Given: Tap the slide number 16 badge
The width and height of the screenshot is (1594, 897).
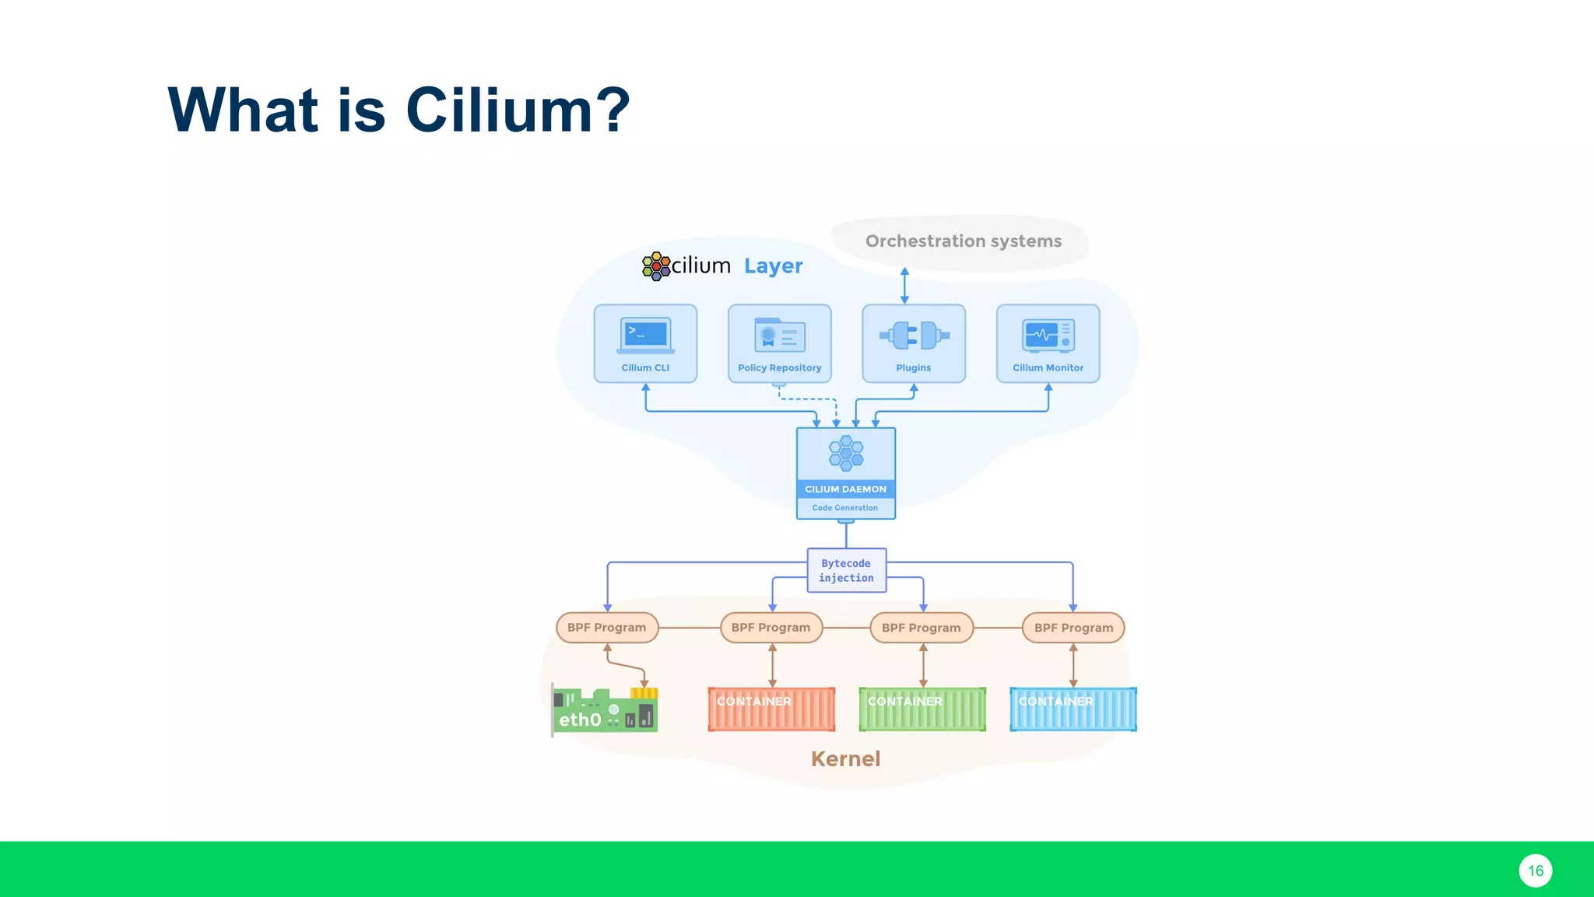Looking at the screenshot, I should (x=1535, y=871).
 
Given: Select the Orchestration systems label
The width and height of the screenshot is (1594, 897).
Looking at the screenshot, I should (x=963, y=241).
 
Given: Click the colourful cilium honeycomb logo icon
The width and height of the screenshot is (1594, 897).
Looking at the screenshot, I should (x=656, y=266).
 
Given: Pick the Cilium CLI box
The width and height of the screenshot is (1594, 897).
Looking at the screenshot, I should (x=645, y=343).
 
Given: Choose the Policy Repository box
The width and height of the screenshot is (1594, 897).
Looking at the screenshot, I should (x=779, y=343).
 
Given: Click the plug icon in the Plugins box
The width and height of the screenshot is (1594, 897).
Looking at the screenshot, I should (x=914, y=335).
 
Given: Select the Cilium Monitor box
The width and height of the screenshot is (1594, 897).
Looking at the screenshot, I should (x=1048, y=343).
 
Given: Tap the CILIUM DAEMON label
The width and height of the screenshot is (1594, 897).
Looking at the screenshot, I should (x=845, y=489).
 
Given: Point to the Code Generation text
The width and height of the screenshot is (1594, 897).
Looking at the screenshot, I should (x=844, y=508).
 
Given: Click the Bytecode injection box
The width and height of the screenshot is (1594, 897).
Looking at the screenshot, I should (x=846, y=571).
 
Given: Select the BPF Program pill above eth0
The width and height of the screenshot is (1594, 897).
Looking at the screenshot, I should (x=607, y=628).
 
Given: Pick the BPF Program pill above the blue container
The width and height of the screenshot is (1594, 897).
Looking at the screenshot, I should (x=1073, y=628).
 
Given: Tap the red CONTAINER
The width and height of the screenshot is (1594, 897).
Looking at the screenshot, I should (x=771, y=709).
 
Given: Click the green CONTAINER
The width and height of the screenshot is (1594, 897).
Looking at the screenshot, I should (x=922, y=709).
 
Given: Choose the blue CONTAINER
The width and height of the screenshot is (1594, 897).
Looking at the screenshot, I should (x=1073, y=709).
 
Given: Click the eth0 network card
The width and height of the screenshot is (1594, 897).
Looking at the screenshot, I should (x=605, y=710).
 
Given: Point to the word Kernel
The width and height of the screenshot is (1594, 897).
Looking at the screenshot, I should (x=845, y=759).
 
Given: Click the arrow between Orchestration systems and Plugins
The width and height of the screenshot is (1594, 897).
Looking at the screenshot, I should (x=904, y=286).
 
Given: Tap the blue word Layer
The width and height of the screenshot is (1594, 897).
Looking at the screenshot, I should (x=773, y=266).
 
